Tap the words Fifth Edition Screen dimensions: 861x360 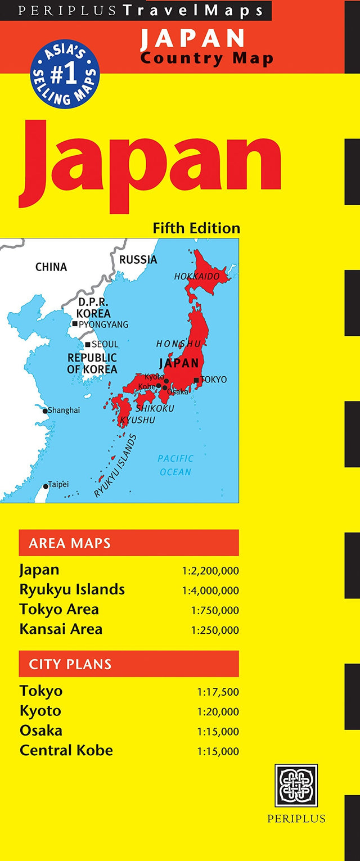[196, 228]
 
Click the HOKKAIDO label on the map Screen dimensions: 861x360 [197, 277]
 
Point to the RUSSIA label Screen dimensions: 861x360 [138, 260]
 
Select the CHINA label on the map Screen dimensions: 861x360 [51, 267]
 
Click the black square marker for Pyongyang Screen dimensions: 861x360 [75, 324]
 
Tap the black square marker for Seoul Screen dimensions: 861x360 [88, 344]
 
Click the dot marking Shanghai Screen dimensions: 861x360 [45, 411]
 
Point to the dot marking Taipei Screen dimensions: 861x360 [46, 486]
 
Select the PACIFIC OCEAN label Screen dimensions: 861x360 [175, 466]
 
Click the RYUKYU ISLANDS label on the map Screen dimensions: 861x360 [115, 466]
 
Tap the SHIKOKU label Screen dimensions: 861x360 [155, 408]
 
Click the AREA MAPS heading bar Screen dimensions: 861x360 [129, 543]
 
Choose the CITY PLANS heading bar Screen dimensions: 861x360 [129, 664]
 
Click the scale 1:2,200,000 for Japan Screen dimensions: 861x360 [210, 571]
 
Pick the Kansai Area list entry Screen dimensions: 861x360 [61, 629]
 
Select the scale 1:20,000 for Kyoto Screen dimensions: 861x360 [218, 712]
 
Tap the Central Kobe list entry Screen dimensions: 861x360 [66, 750]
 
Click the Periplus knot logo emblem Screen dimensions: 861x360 [296, 786]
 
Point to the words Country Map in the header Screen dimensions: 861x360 [206, 58]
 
